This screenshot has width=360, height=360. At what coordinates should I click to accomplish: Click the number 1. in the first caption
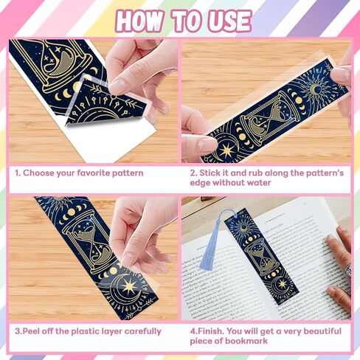(x=17, y=173)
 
